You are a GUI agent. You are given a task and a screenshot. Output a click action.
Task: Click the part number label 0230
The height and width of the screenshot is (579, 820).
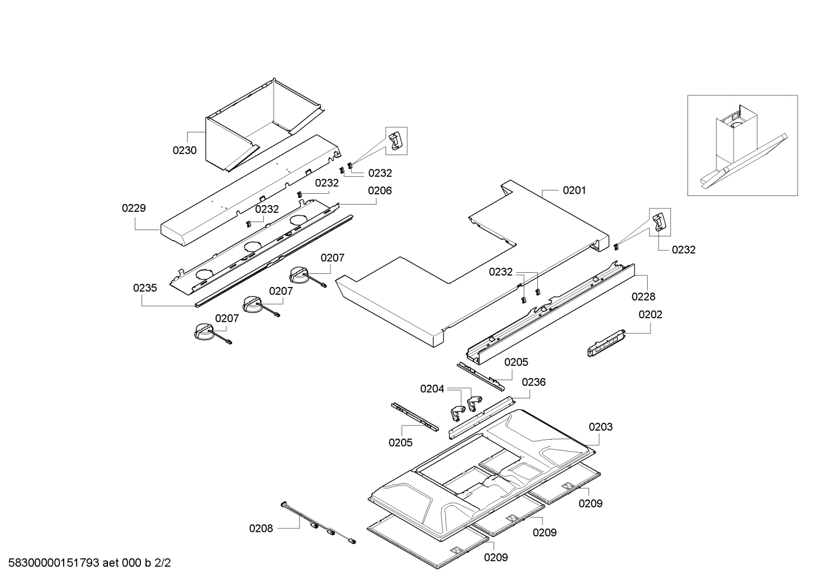(185, 151)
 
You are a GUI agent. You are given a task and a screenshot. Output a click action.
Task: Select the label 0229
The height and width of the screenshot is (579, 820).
(134, 209)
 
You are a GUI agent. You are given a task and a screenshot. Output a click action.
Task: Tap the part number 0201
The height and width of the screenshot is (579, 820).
(574, 190)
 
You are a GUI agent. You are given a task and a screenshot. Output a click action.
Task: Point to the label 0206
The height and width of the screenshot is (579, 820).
(379, 191)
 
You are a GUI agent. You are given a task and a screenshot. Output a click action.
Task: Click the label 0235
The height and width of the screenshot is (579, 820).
(145, 288)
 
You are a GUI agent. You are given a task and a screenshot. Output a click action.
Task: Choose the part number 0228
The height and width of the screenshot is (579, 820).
(643, 296)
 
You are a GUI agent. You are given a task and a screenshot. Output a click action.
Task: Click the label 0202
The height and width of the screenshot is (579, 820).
(651, 314)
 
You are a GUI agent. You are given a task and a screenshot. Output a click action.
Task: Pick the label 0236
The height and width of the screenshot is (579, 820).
(533, 382)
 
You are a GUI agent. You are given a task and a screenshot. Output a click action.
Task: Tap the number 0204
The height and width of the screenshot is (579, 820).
(432, 389)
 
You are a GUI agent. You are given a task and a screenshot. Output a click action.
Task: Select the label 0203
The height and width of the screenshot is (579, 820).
(600, 427)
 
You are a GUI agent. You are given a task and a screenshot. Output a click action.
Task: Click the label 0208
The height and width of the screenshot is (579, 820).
(261, 528)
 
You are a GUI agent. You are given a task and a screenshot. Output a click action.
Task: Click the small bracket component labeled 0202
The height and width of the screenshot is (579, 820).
(605, 344)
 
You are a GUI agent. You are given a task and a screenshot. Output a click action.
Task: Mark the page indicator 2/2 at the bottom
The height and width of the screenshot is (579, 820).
(163, 563)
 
